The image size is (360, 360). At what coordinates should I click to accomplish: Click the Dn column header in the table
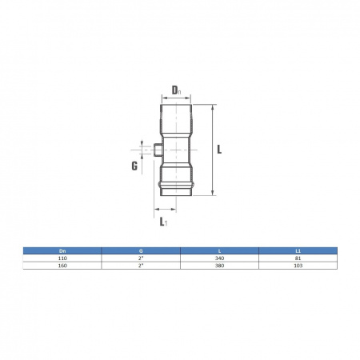pos(63,250)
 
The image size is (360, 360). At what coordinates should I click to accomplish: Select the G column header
pos(141,250)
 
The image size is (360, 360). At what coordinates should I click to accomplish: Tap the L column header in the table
pos(219,250)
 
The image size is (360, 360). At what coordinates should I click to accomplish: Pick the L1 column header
pos(298,250)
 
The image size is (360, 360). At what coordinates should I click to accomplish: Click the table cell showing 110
pos(63,258)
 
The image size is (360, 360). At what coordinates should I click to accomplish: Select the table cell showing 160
pos(63,266)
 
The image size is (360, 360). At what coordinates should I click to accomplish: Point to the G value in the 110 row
pos(141,258)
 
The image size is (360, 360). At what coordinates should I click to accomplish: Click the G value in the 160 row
pos(141,266)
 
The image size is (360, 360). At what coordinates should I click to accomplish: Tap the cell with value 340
pos(219,258)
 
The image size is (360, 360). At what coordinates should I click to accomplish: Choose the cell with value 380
pos(219,266)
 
